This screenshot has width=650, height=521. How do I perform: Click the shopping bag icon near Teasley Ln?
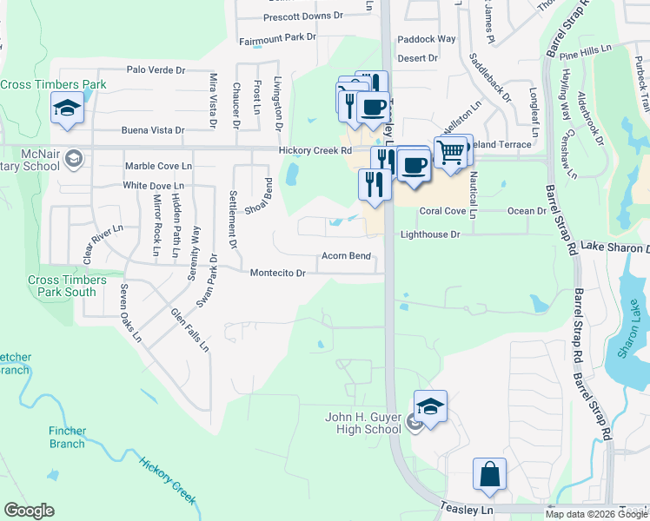click(489, 474)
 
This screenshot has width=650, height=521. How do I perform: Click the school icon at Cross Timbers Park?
click(67, 109)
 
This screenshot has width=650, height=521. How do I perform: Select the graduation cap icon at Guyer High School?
click(429, 406)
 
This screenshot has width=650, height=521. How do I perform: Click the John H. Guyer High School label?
click(363, 423)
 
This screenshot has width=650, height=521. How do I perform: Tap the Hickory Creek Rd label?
click(315, 150)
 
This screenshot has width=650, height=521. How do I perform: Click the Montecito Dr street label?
click(277, 273)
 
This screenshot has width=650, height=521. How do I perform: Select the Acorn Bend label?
click(346, 256)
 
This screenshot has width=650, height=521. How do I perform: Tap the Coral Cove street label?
click(442, 211)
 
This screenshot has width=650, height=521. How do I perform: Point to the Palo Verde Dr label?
click(156, 69)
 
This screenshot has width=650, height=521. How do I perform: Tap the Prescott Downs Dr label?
click(304, 16)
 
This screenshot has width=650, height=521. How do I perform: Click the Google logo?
click(29, 511)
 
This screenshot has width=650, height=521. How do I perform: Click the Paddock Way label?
click(427, 39)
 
